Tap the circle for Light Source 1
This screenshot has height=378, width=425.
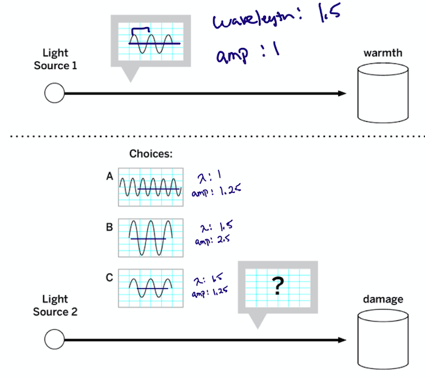(53, 93)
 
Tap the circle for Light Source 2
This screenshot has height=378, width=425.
(53, 340)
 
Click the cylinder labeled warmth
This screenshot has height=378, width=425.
(381, 93)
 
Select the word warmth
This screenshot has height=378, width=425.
(382, 53)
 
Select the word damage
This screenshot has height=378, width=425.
(382, 299)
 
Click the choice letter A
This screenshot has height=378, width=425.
(109, 177)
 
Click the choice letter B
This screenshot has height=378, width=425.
(109, 226)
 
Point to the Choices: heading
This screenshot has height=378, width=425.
(149, 153)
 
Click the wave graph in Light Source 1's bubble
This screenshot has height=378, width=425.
(150, 41)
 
